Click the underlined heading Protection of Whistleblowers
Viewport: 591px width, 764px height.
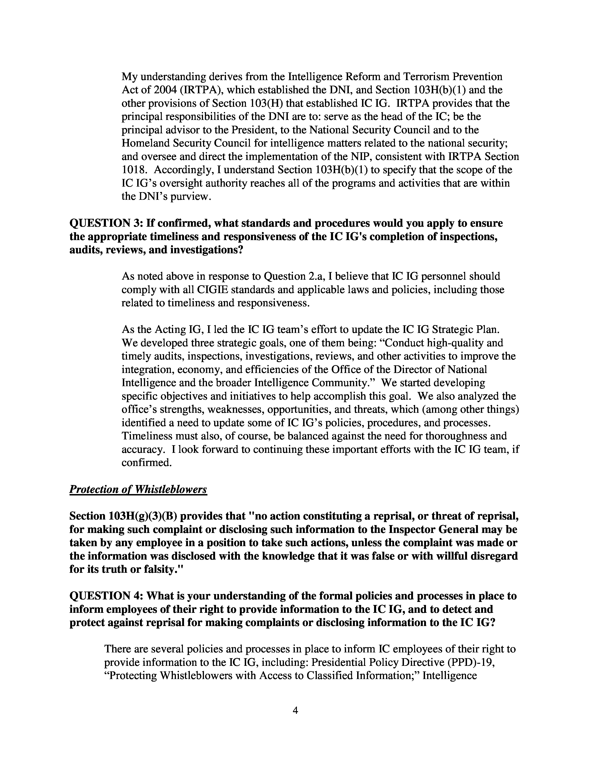[138, 489]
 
